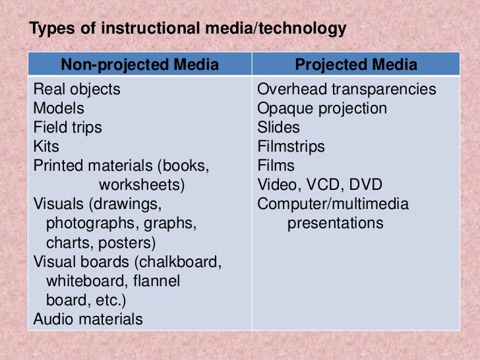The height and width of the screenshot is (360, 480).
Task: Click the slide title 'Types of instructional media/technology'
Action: click(x=188, y=29)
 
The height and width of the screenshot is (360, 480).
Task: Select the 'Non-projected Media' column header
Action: click(x=140, y=65)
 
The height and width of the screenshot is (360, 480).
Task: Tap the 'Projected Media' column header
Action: click(x=355, y=65)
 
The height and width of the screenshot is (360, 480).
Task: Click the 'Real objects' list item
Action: click(x=77, y=89)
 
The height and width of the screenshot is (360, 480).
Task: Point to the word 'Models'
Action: click(x=59, y=108)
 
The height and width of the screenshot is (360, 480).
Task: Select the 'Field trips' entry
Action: click(x=68, y=127)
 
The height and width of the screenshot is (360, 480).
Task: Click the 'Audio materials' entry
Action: click(x=88, y=320)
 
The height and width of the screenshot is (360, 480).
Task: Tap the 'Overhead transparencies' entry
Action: click(x=347, y=89)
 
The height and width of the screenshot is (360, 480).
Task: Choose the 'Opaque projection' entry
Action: click(x=322, y=108)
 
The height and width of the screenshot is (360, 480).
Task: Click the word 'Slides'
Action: click(x=278, y=127)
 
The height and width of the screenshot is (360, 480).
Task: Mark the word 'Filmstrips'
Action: click(x=291, y=146)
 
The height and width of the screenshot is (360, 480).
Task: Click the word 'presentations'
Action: click(x=335, y=224)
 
